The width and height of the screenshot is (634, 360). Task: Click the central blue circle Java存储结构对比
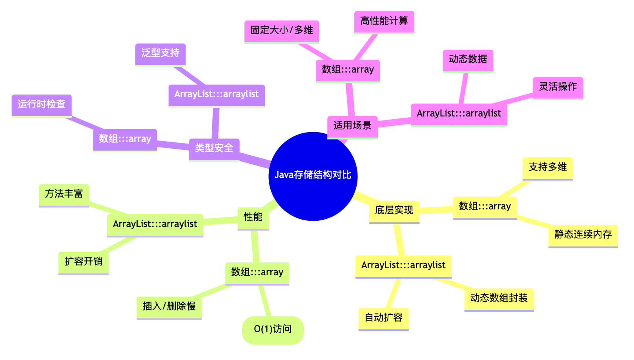click(x=313, y=176)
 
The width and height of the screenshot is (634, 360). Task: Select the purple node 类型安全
click(x=214, y=149)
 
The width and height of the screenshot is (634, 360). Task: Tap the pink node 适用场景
click(x=352, y=126)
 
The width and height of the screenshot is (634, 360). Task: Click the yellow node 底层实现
click(x=394, y=211)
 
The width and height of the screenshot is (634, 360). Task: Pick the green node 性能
click(x=253, y=217)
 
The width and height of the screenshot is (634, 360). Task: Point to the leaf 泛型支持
click(x=160, y=53)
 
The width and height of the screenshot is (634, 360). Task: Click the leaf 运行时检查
click(x=41, y=105)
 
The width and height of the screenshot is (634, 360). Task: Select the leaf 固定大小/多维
click(x=281, y=31)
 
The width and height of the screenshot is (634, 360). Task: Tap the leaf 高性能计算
click(x=384, y=21)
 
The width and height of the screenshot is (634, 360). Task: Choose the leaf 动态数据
click(x=468, y=60)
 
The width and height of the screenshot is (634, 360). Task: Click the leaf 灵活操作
click(x=557, y=87)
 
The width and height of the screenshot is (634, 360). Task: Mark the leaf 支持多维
click(x=547, y=167)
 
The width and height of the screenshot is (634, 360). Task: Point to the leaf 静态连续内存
click(x=583, y=235)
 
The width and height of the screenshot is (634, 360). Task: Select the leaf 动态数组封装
click(x=499, y=298)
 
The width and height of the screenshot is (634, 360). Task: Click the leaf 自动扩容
click(x=383, y=318)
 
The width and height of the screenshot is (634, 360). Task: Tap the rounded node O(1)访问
click(x=273, y=330)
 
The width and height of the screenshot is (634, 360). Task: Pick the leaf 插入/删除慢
click(x=169, y=307)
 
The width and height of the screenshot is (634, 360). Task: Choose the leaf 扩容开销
click(x=83, y=262)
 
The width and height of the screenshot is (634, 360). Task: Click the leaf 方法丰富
click(x=64, y=194)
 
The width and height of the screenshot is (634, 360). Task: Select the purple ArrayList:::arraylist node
click(x=217, y=95)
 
